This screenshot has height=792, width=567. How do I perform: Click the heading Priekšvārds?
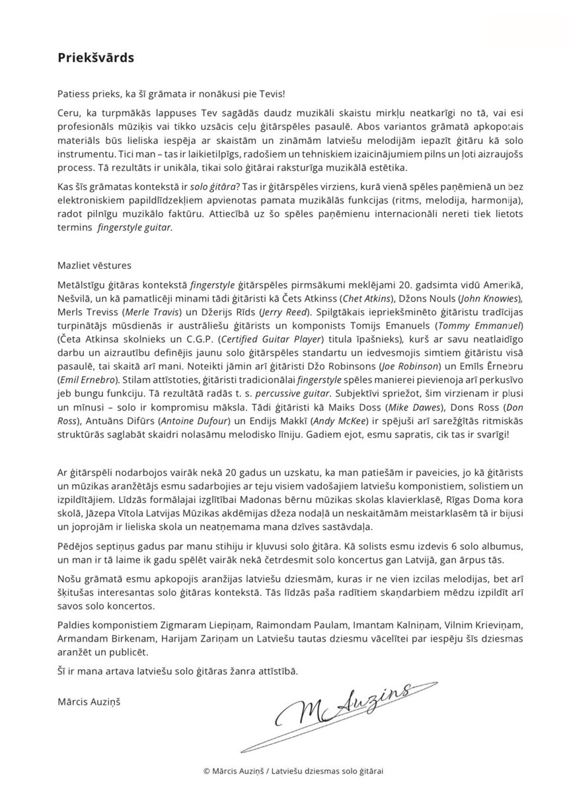[95, 57]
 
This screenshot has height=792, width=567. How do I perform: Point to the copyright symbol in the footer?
[207, 770]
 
